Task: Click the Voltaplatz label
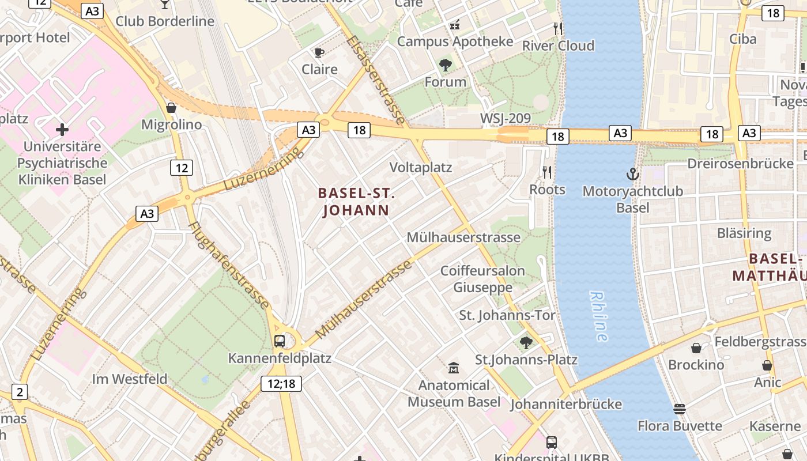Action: coord(421,168)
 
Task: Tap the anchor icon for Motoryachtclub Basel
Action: coord(633,173)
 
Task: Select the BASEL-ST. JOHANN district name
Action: coord(356,202)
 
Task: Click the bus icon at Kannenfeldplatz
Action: coord(280,341)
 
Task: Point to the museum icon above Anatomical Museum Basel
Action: coord(454,368)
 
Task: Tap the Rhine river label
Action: coord(599,316)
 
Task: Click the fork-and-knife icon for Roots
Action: coord(547,172)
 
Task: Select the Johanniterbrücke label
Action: coord(566,404)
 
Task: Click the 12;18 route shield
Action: coord(281,384)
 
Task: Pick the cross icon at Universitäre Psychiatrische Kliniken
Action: coord(62,130)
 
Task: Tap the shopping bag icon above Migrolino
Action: coord(171,108)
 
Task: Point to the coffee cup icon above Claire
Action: coord(319,53)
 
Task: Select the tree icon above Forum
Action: coord(445,65)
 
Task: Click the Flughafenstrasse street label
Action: coord(229,264)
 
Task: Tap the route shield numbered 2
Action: coord(20,392)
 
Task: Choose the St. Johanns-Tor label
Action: coord(507,315)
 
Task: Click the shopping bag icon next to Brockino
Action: coord(696,348)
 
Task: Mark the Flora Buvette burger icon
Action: coord(680,409)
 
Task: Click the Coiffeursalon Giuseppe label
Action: coord(483,279)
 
